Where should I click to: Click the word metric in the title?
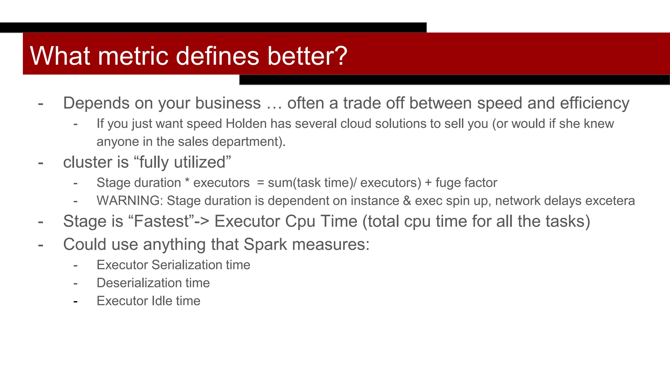[x=133, y=56]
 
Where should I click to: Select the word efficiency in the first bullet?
[x=594, y=103]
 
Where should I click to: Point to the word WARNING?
[x=130, y=201]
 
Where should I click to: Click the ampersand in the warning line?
[x=407, y=201]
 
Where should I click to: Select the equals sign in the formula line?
[x=260, y=183]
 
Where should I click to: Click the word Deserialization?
[x=139, y=283]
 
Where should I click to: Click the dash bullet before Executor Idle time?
[x=76, y=301]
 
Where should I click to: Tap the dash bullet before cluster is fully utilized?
[x=41, y=163]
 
